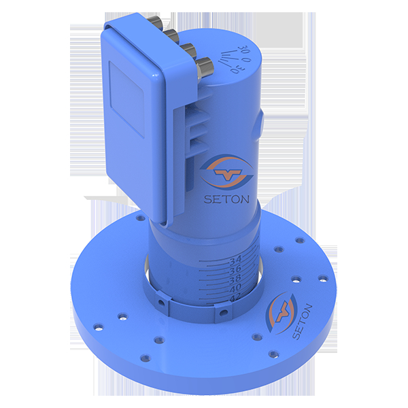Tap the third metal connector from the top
pyautogui.click(x=188, y=49)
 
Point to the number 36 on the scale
pyautogui.click(x=235, y=269)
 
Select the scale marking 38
pyautogui.click(x=235, y=279)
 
